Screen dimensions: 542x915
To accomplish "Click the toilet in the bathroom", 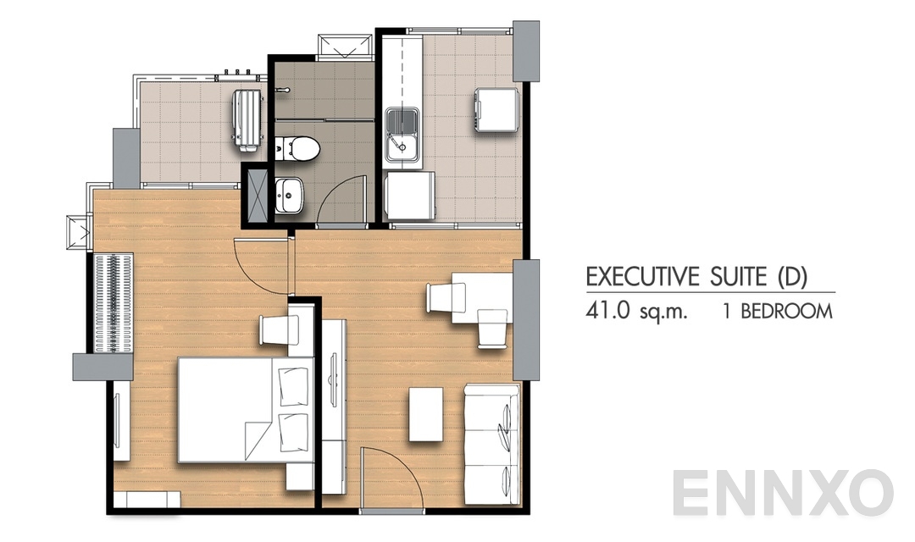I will pyautogui.click(x=297, y=147).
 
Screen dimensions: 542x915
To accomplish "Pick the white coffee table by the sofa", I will pyautogui.click(x=425, y=414).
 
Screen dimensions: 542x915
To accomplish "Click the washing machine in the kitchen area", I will pyautogui.click(x=496, y=110).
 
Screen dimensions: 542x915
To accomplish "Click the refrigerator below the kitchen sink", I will pyautogui.click(x=409, y=196).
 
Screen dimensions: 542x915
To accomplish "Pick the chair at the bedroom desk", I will pyautogui.click(x=275, y=329).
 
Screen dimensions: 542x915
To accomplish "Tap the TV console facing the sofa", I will pyautogui.click(x=334, y=398).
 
